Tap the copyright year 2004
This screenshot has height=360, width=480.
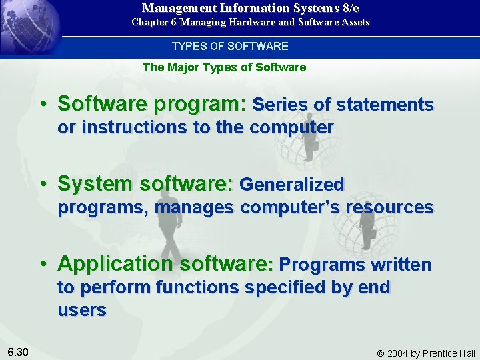pyautogui.click(x=400, y=353)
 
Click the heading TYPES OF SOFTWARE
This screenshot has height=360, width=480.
pyautogui.click(x=230, y=46)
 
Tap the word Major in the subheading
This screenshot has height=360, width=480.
pyautogui.click(x=184, y=67)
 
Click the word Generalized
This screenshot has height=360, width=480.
pyautogui.click(x=291, y=184)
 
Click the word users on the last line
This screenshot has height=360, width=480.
pyautogui.click(x=81, y=310)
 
